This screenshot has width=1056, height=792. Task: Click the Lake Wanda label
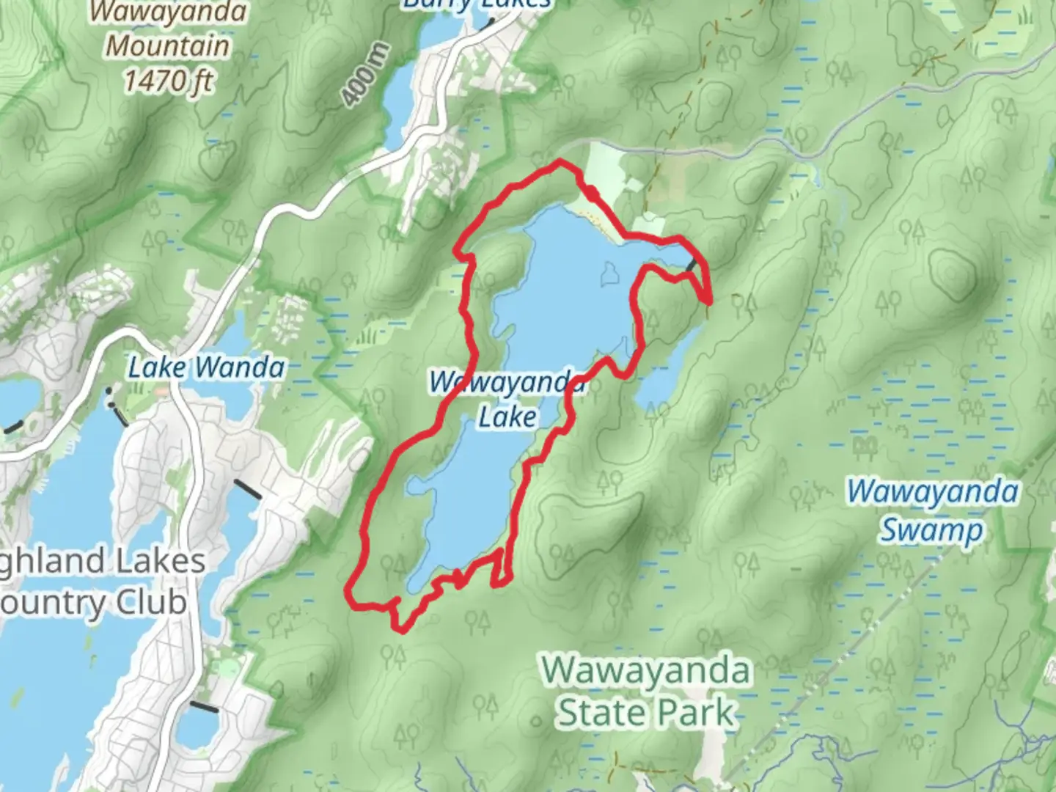tap(206, 367)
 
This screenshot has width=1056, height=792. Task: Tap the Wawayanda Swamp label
tap(932, 510)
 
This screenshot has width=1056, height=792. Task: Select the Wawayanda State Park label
tap(647, 691)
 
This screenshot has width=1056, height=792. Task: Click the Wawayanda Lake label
tap(507, 400)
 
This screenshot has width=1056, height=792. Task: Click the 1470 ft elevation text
tap(168, 81)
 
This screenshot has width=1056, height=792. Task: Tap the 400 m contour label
tap(364, 73)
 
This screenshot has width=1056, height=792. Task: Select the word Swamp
tap(932, 530)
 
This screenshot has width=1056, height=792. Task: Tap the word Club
tap(147, 603)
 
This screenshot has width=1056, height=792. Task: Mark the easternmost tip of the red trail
tap(711, 300)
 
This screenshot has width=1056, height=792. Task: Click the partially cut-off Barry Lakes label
tap(477, 4)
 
